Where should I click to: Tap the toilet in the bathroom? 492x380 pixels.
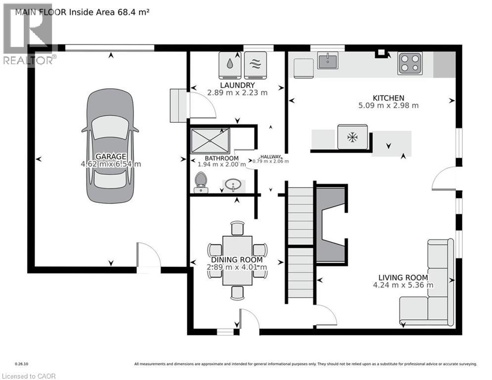pyautogui.click(x=201, y=183)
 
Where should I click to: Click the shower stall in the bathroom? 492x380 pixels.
pyautogui.click(x=210, y=141)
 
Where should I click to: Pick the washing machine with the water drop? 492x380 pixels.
pyautogui.click(x=230, y=65)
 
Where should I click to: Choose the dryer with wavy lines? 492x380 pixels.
pyautogui.click(x=256, y=65)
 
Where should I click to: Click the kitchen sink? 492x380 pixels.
pyautogui.click(x=327, y=60)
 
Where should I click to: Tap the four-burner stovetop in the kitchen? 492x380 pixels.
pyautogui.click(x=410, y=63)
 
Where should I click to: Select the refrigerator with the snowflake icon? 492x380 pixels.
pyautogui.click(x=353, y=137)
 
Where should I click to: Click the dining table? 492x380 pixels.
pyautogui.click(x=237, y=260)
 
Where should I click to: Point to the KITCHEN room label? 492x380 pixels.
pyautogui.click(x=389, y=98)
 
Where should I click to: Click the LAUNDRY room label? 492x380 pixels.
pyautogui.click(x=237, y=85)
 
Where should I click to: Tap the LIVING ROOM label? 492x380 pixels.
pyautogui.click(x=403, y=278)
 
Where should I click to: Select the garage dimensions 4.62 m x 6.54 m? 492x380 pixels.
pyautogui.click(x=111, y=164)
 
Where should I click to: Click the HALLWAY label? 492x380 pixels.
pyautogui.click(x=270, y=157)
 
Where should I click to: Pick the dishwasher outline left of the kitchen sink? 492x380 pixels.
pyautogui.click(x=304, y=68)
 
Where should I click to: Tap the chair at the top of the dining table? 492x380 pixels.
pyautogui.click(x=237, y=228)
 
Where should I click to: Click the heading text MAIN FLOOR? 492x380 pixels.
pyautogui.click(x=41, y=12)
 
